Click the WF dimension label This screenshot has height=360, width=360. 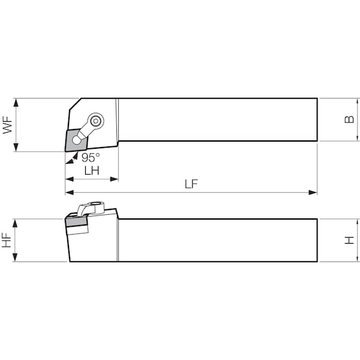click(x=7, y=125)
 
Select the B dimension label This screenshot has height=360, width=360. click(x=349, y=119)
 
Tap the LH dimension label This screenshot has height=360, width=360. click(x=92, y=170)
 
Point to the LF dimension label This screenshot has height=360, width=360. click(x=191, y=184)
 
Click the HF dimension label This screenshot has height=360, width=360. click(x=7, y=240)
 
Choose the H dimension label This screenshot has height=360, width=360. click(x=349, y=241)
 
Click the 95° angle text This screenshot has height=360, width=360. click(x=91, y=157)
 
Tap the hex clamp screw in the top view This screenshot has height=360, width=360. click(x=95, y=121)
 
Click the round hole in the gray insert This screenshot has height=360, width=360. click(x=76, y=140)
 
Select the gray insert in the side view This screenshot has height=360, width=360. click(x=76, y=222)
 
